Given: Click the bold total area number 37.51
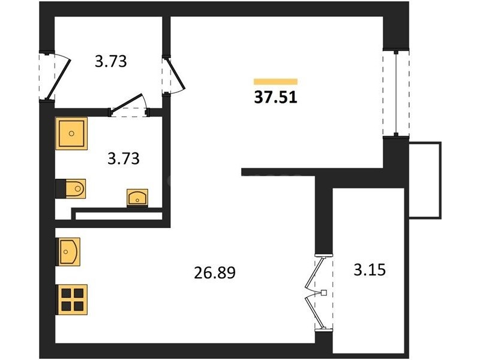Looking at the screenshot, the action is (x=275, y=97).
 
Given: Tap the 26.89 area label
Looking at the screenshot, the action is (x=215, y=273).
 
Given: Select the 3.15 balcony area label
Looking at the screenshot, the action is (x=370, y=270).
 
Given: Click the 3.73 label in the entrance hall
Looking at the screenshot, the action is (x=111, y=61).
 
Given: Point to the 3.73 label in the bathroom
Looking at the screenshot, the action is (x=124, y=159).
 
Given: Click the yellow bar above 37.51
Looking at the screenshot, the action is (x=275, y=81).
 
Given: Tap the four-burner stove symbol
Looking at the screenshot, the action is (x=71, y=300).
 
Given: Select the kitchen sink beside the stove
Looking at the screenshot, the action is (x=68, y=252).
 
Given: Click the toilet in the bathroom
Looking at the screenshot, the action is (x=71, y=188).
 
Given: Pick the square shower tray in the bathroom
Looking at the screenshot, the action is (x=71, y=133).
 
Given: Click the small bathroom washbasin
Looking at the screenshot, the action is (x=137, y=198).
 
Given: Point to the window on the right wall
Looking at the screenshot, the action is (x=396, y=94).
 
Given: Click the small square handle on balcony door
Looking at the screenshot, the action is (x=324, y=293).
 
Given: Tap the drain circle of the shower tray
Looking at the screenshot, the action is (x=71, y=133).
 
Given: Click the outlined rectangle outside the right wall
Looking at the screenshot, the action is (x=425, y=180).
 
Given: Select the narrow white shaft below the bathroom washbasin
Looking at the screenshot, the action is (x=118, y=216).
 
